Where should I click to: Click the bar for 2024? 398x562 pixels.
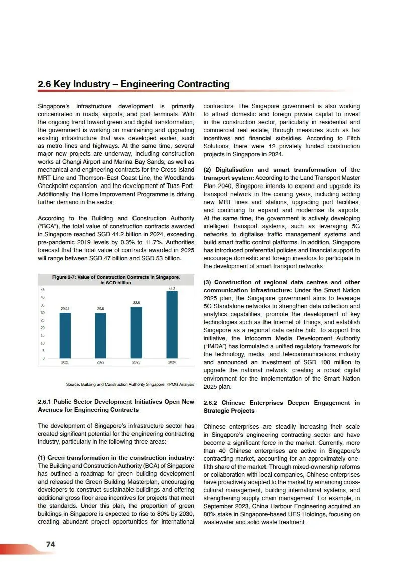172,325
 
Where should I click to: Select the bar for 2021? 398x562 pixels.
65,335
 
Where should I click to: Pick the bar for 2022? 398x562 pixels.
100,335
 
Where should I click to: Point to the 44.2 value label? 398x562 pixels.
172,289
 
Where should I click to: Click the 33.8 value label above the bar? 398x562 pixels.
136,303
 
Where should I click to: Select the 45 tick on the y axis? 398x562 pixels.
43,290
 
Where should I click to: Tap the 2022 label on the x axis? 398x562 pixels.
100,362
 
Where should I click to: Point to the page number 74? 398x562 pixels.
50,544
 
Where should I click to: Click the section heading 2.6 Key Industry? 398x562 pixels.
134,84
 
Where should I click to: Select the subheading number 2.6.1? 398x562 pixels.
47,402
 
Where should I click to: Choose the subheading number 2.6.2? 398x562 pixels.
213,403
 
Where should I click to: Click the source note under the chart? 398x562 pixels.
129,384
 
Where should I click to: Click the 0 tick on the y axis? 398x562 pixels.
44,358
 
